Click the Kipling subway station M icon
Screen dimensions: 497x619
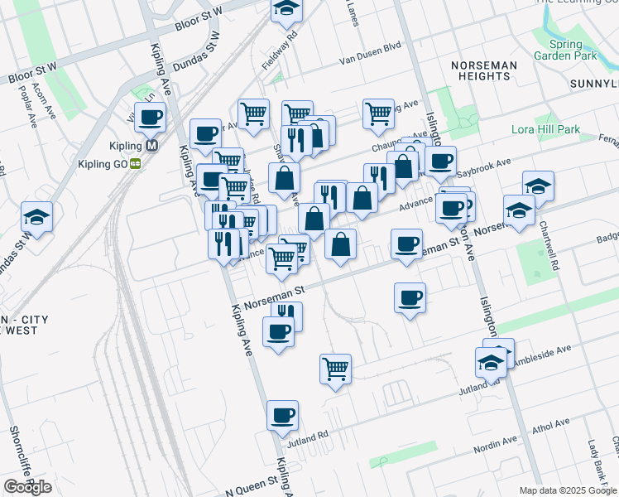point(151,146)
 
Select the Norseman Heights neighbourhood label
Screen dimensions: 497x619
point(483,70)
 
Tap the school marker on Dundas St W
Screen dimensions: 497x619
point(37,217)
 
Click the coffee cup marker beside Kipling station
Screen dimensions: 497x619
point(150,118)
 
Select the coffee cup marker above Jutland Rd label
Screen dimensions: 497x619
point(282,415)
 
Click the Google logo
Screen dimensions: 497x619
point(27,487)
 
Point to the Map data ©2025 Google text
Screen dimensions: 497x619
point(566,490)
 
